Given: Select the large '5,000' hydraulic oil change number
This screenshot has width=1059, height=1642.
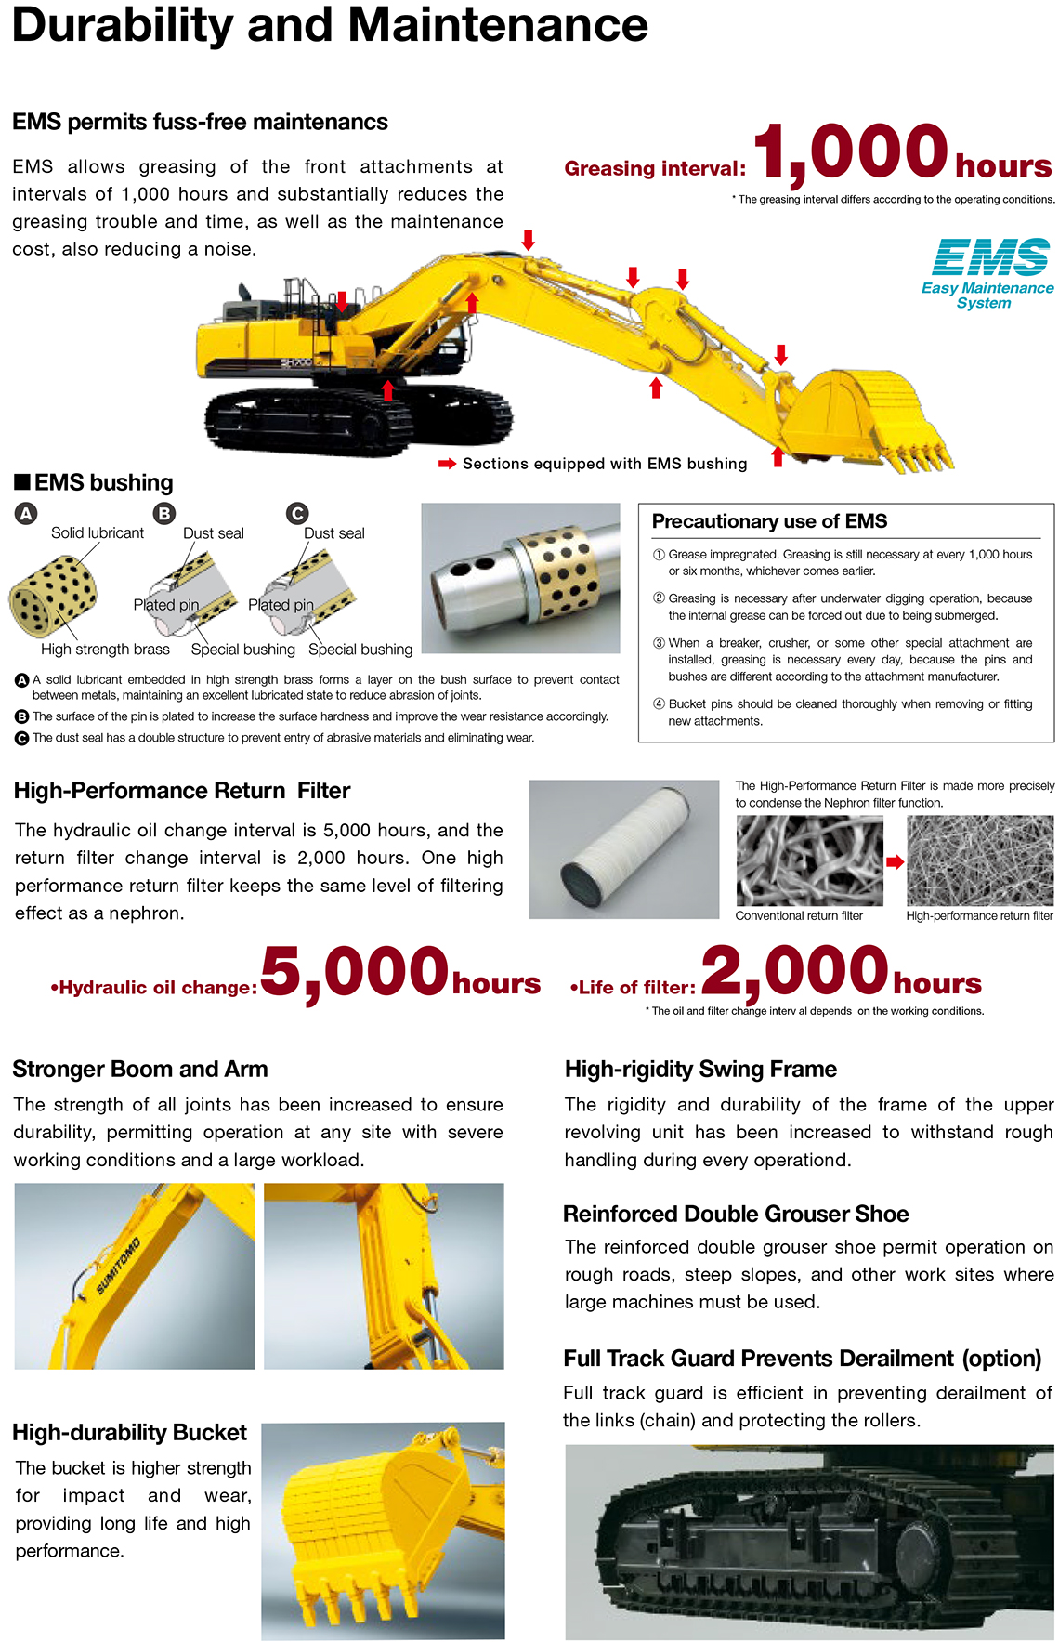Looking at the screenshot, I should pos(355,973).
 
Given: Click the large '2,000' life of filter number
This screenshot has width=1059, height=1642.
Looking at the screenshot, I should pos(795,972).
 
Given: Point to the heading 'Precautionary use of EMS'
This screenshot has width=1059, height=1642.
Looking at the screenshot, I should pos(769,521).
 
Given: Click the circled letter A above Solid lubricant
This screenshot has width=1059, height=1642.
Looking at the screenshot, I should pos(26,514).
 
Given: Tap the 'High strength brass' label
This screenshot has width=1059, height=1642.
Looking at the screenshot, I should pos(105,649).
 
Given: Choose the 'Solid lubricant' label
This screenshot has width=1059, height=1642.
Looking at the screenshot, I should pos(98,532).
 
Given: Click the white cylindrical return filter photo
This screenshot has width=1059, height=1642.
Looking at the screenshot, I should pos(624,848).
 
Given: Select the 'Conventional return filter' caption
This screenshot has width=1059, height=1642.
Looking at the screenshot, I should pos(799,915).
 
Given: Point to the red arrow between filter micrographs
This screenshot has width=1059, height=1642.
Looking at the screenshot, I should pos(895,861).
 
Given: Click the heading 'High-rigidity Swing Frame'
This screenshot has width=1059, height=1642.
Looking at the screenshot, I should pos(700,1069).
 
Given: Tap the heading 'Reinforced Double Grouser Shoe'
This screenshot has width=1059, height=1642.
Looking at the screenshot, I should pos(736,1214).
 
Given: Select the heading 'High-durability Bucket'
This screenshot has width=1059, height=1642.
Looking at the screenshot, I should pos(130,1432).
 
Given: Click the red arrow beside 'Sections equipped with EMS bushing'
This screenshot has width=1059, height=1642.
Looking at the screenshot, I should pos(447,464).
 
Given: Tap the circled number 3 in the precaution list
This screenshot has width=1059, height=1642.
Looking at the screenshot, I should pos(659,643).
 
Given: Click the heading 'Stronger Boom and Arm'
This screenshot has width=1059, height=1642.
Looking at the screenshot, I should pos(140,1069).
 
